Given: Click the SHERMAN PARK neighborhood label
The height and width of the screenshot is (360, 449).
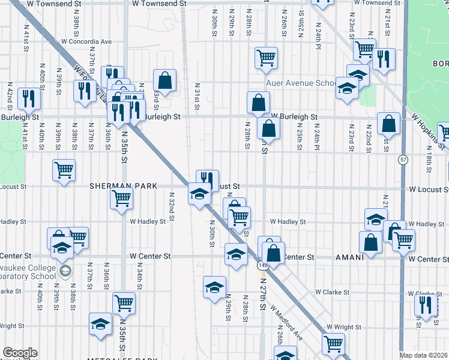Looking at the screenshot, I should point(123,187).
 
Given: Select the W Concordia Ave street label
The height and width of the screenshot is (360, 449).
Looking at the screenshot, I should point(86,42).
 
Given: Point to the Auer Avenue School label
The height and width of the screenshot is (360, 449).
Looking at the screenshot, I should point(300,83).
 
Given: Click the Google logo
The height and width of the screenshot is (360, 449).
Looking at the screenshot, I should point(20,353).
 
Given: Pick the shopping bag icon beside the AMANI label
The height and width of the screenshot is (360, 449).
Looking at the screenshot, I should point(370,242).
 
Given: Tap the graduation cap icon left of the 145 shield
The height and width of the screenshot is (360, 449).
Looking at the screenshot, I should point(237,253).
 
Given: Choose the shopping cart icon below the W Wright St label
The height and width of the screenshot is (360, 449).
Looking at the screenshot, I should point(333,343).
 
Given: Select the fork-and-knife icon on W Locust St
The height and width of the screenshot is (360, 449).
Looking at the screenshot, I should point(207,178).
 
